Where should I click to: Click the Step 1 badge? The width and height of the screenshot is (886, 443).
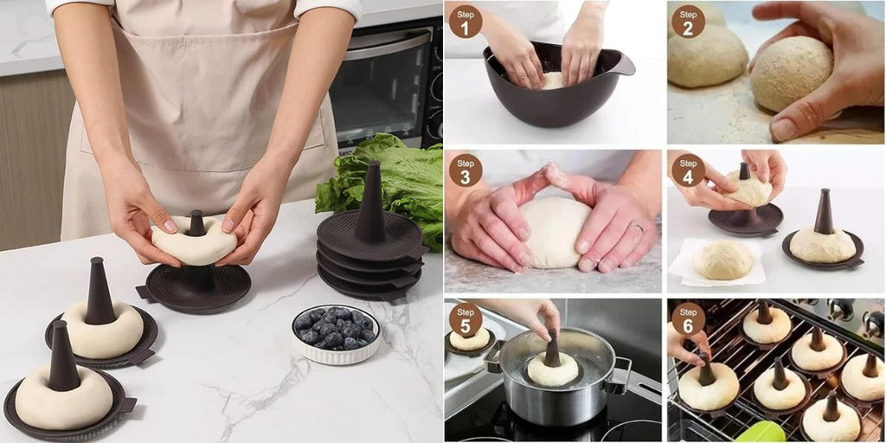pos(465,22)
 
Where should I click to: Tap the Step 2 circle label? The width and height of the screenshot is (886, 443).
pos(688,22)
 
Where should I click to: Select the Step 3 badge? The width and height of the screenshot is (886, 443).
pos(465,170)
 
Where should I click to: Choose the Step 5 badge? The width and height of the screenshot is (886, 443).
pos(465,319)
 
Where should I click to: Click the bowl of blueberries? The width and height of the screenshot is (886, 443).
pos(336,334)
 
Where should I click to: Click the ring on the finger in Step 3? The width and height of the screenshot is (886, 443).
pos(638,227)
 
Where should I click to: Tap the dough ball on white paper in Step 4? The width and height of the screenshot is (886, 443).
pos(723,260)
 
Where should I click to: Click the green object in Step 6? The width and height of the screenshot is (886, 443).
pos(760,433)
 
